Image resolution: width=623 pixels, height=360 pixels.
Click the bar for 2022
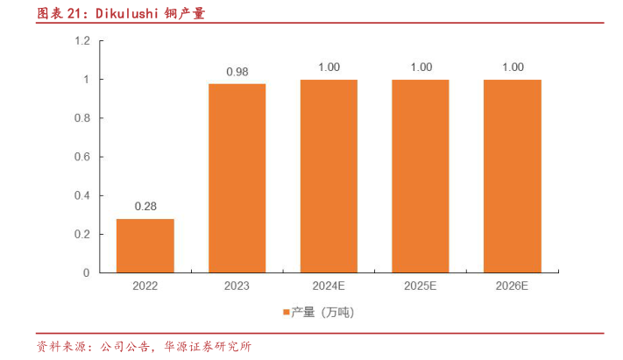(x=145, y=245)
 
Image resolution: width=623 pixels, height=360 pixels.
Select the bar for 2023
(x=237, y=178)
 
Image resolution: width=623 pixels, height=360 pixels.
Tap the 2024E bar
(x=329, y=176)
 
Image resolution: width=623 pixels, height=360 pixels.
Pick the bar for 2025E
(x=421, y=176)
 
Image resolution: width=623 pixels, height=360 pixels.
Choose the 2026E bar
(x=513, y=176)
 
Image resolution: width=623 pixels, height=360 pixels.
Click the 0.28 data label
(x=145, y=207)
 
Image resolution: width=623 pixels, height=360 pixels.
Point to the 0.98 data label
(x=237, y=72)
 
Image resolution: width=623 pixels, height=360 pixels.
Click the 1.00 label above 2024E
(x=329, y=67)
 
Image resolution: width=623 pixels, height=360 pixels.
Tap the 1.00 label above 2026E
(x=513, y=67)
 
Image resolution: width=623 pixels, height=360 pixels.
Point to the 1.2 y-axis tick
(x=82, y=41)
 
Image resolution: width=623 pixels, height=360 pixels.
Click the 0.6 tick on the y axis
(x=82, y=157)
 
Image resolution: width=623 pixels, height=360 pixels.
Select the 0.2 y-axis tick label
(x=82, y=234)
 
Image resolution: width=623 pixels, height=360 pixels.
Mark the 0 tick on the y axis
(x=87, y=272)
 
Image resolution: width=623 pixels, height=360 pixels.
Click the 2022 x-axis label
(x=145, y=286)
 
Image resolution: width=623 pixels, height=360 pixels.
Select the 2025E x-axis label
(x=421, y=286)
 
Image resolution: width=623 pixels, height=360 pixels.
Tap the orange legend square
(x=286, y=312)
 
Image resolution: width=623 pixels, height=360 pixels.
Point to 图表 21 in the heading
(x=53, y=13)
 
